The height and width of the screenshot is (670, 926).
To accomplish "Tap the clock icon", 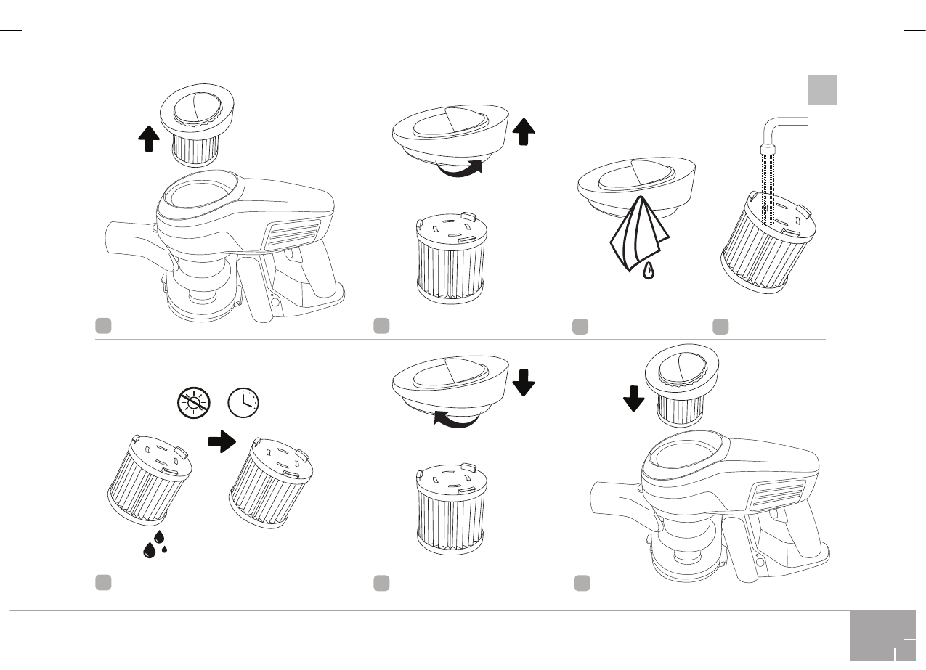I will tap(245, 401).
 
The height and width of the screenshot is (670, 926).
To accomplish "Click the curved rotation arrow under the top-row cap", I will tap(455, 171).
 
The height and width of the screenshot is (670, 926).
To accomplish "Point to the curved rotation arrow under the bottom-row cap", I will tap(454, 418).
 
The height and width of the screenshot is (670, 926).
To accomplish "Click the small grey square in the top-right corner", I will tap(823, 90).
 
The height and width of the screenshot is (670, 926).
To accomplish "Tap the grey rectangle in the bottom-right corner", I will tap(882, 635).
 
